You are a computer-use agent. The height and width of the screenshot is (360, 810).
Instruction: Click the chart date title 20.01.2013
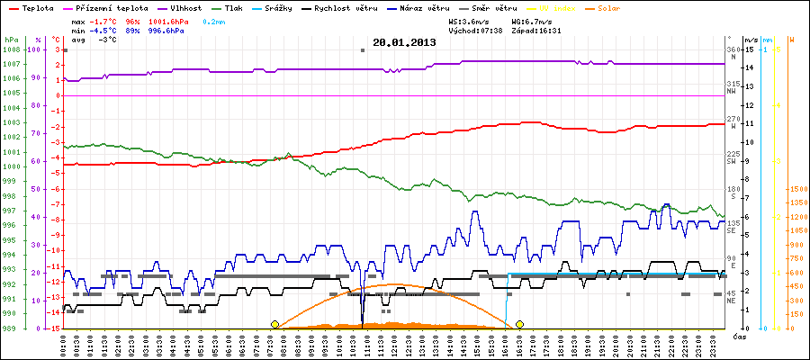click(403, 41)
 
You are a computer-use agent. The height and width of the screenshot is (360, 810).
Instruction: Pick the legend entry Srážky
click(291, 8)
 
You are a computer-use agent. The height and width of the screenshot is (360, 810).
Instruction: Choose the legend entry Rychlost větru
click(369, 8)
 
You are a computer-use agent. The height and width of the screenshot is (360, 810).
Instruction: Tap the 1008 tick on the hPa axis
click(11, 49)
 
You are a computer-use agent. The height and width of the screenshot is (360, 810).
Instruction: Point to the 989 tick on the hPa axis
click(11, 328)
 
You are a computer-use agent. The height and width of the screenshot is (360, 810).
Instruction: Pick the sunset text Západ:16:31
click(535, 31)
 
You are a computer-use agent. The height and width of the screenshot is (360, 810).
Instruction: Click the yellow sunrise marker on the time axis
click(274, 324)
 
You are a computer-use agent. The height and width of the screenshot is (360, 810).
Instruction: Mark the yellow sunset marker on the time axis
click(519, 324)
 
